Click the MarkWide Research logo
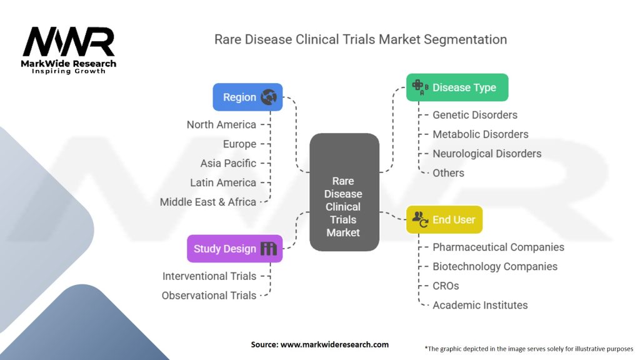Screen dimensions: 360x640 (69, 49)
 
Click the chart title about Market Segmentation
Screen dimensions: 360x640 (361, 39)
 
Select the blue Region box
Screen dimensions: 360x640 (247, 97)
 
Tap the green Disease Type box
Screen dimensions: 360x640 (457, 87)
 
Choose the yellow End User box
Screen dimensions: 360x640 (444, 219)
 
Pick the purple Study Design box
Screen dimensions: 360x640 (234, 249)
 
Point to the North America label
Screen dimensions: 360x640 (221, 124)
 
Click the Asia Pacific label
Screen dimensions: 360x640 (228, 163)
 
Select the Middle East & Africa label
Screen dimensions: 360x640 (208, 202)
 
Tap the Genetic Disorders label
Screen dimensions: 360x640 (475, 115)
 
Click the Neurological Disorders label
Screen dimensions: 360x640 (487, 154)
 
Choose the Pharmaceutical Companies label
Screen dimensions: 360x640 (498, 247)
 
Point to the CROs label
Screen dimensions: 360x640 (446, 286)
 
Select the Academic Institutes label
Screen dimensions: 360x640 (480, 305)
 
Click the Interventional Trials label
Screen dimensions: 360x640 (209, 276)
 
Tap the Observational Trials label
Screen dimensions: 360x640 (209, 295)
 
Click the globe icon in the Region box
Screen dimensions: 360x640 (269, 97)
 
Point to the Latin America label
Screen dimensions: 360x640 (223, 182)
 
